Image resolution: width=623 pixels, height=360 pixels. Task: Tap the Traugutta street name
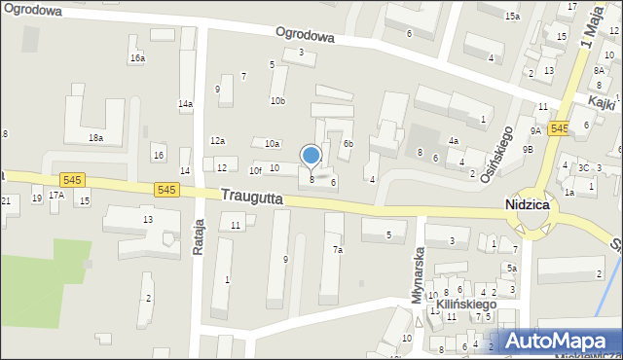251,197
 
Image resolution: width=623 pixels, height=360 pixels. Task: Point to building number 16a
138,58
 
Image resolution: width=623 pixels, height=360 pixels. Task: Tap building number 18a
95,138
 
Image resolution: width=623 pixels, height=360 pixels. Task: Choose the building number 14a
185,103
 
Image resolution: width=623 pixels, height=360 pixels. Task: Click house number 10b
277,100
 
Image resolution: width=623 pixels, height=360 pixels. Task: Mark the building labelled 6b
348,144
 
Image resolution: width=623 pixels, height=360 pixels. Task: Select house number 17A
56,195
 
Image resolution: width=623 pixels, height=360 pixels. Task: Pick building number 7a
338,250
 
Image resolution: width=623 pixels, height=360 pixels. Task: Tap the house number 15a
512,17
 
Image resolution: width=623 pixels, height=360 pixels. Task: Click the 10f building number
254,170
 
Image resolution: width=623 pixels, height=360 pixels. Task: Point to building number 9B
528,149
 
